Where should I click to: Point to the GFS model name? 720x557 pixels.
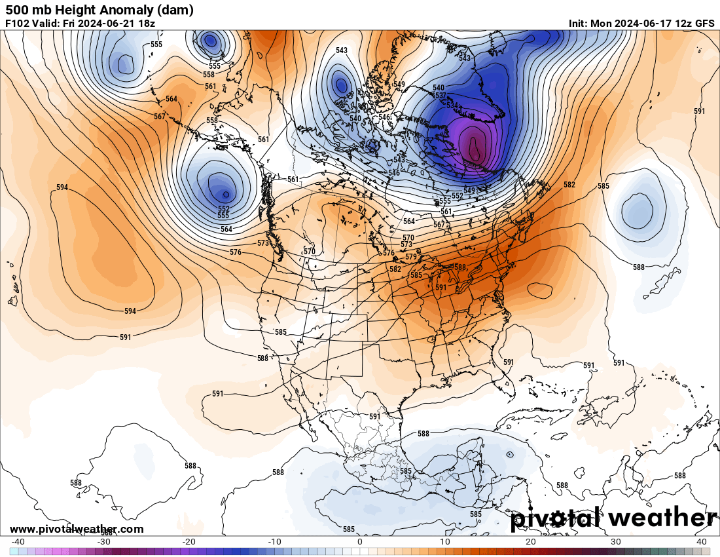[x=704, y=23]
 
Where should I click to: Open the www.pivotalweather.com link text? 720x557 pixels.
[x=77, y=529]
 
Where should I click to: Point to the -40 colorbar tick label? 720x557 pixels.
[x=18, y=542]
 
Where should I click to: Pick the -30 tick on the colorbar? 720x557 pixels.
[x=103, y=542]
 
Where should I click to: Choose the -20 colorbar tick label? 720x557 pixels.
[x=189, y=542]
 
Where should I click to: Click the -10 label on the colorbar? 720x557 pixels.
[x=274, y=542]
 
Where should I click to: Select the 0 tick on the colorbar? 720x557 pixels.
[x=360, y=542]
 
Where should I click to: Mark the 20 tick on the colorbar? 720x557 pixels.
[x=531, y=542]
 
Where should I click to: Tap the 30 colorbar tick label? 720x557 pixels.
[x=616, y=542]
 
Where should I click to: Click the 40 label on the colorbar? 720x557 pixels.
[x=701, y=542]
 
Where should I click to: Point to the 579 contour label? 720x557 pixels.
[x=411, y=257]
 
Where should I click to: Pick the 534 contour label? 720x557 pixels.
[x=451, y=105]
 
